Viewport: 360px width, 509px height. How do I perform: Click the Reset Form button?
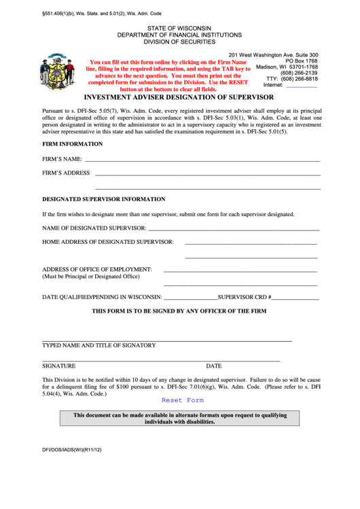[182, 400]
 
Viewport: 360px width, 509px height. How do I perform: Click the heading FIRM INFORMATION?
[73, 144]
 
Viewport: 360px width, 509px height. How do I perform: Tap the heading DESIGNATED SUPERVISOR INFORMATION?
[103, 199]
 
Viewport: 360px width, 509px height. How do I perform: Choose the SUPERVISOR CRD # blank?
[295, 298]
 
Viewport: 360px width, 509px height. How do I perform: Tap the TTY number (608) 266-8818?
[299, 79]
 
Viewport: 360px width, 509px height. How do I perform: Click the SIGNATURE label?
[58, 366]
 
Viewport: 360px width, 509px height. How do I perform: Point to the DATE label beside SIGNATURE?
[214, 366]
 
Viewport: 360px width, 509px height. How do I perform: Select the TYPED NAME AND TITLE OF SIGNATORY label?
[98, 345]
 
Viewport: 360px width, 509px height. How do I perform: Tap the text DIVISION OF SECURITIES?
[179, 41]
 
